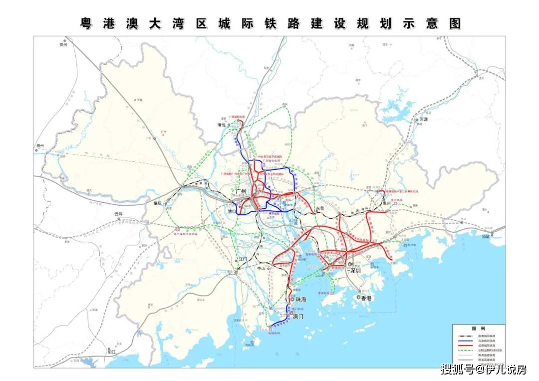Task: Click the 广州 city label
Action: (242, 191)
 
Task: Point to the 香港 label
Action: (366, 298)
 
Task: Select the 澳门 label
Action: (298, 316)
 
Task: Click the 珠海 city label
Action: (301, 300)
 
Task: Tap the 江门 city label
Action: (243, 259)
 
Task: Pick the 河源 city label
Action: (424, 120)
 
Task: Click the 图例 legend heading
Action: (479, 329)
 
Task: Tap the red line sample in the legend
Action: (465, 345)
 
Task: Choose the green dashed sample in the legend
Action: (465, 351)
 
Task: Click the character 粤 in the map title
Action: (87, 23)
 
